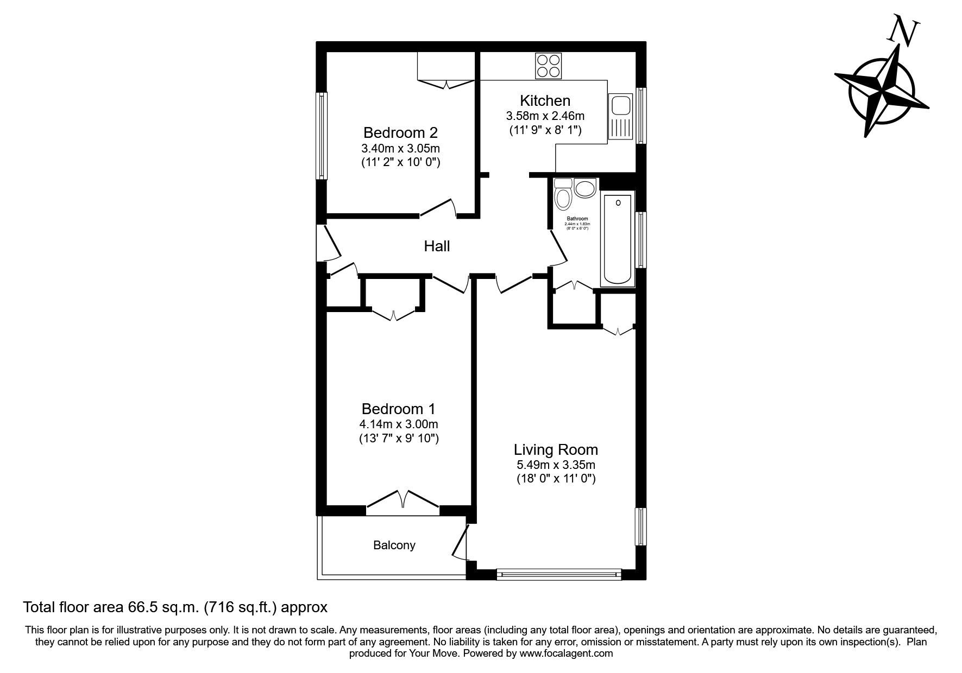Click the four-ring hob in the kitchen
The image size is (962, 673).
click(548, 66)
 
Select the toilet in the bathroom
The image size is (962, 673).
click(563, 195)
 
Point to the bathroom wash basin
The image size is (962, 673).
click(585, 189)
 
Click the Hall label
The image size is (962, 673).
click(437, 246)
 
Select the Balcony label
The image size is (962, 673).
click(394, 545)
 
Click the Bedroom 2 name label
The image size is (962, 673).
click(400, 132)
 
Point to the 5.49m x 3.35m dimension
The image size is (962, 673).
click(556, 465)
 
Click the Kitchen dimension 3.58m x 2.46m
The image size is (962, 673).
click(545, 116)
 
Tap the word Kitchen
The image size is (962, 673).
click(545, 100)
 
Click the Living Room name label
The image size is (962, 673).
click(556, 449)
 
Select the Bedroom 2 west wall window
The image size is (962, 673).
click(322, 136)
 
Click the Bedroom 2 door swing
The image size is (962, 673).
click(439, 208)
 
